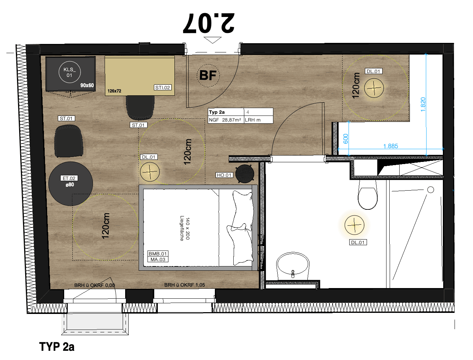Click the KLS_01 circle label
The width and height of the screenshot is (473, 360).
69,72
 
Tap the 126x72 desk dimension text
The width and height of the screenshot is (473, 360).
114,91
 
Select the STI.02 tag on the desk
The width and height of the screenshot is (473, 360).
162,88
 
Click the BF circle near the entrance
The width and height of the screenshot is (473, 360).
208,75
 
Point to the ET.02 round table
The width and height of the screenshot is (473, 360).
71,184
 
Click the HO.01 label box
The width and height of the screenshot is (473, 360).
224,175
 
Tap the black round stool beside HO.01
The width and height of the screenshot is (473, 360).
245,174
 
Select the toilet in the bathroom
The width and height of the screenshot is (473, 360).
367,195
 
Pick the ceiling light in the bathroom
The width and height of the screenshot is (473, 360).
354,225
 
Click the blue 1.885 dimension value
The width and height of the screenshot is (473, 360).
390,146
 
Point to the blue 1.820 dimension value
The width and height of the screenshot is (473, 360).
423,105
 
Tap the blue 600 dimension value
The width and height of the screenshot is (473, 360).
345,139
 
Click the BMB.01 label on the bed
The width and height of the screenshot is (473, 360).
158,254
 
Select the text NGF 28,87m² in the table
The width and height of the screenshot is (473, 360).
225,120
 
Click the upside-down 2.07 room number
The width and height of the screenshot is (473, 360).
208,23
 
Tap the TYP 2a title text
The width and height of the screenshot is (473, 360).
57,347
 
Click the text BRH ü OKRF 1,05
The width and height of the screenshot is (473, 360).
184,285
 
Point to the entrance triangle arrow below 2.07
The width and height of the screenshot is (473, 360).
212,40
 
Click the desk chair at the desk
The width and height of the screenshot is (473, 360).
140,107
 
